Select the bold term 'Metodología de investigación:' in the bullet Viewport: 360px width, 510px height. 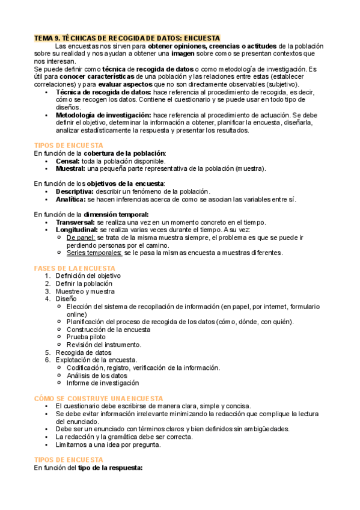(103, 115)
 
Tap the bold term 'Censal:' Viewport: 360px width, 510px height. (68, 161)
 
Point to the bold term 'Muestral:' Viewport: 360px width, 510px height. (71, 168)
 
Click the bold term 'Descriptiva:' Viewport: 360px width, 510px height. (76, 191)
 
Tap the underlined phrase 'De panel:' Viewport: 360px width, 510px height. (81, 238)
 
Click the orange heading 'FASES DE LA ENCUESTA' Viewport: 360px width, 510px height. (75, 268)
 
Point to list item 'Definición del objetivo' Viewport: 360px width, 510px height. (88, 275)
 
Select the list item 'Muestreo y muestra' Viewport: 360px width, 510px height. (85, 291)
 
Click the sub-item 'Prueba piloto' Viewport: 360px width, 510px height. (86, 337)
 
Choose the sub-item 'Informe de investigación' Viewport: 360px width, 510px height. (103, 382)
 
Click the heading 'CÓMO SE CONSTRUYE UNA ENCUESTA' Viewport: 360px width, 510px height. (99, 398)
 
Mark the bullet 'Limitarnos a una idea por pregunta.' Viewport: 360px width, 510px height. (108, 445)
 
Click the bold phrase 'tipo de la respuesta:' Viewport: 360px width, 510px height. (110, 468)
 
